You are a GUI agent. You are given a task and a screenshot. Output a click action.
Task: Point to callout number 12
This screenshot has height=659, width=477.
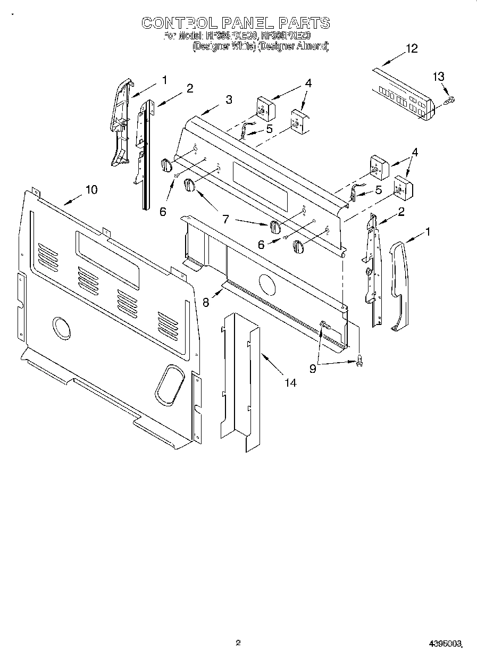pos(412,48)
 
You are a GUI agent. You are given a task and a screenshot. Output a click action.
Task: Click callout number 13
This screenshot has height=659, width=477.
pos(438,77)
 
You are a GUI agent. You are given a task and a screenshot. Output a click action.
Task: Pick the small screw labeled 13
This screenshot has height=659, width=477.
pos(450,99)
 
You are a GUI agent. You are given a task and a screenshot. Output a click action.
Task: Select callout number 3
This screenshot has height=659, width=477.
pos(228,99)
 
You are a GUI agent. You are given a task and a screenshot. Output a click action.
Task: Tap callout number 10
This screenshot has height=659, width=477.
pos(91,189)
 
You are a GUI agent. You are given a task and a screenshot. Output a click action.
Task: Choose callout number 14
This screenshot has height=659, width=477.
pos(290,382)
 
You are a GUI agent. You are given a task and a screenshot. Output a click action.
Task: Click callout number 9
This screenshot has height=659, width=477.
pos(313,368)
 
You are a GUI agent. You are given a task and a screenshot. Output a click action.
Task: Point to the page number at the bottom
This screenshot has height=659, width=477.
pos(238,643)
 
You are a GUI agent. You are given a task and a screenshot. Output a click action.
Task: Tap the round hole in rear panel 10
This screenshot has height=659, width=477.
pos(61,328)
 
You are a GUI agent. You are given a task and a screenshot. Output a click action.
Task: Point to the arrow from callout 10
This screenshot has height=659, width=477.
pos(73,198)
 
